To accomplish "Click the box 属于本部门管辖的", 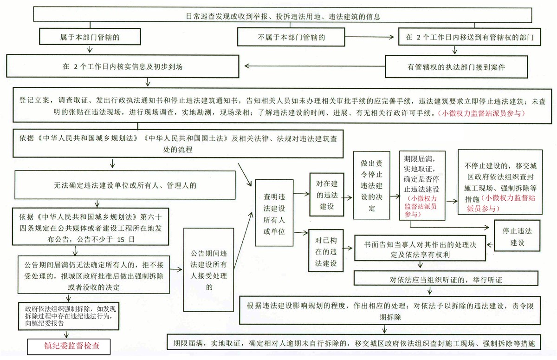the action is point(90,37).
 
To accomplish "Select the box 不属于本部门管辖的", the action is point(291,37).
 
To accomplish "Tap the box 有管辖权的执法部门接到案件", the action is point(456,67).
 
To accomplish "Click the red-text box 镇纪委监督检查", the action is point(69,347).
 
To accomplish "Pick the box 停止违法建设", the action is point(517,236).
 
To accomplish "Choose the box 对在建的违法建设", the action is point(327,195).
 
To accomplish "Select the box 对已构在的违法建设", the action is point(326,250).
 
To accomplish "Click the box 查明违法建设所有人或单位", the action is point(274,213).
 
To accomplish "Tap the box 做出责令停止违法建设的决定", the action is point(371,185).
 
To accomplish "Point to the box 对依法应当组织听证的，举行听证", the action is point(446,278).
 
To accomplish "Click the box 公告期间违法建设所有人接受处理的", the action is point(208,270).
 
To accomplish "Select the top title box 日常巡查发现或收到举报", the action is point(283,15).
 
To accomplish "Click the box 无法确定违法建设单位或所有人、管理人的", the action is point(125,185).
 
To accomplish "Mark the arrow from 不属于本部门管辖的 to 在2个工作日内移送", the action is point(369,37).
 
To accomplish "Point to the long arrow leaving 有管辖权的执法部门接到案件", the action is point(315,66).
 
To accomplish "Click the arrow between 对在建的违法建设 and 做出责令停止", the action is point(348,198).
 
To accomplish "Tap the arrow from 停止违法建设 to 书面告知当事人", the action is point(490,245).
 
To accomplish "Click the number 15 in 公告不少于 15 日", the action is point(121,240).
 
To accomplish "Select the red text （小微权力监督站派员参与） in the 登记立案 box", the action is point(481,113).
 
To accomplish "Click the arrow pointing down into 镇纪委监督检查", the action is point(66,334).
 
